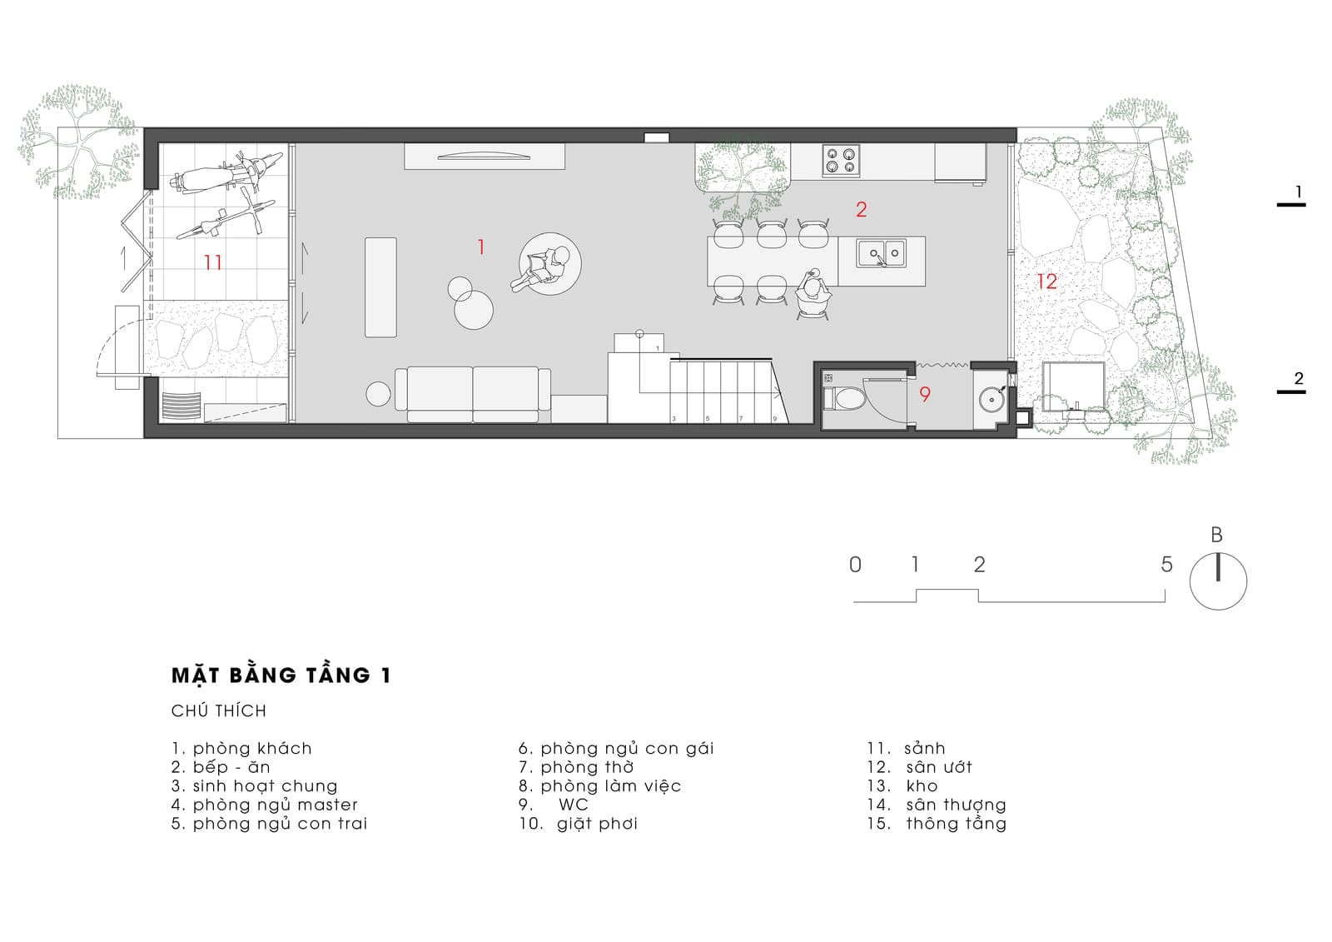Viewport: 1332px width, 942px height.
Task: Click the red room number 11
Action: (x=213, y=262)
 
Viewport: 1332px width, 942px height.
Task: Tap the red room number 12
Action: (x=1046, y=282)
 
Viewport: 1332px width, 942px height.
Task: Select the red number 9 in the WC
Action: (x=925, y=394)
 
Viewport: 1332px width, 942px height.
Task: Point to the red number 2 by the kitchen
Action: (x=861, y=209)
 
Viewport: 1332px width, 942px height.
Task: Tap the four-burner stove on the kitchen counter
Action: (x=841, y=161)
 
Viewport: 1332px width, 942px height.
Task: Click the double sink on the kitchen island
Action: (x=882, y=253)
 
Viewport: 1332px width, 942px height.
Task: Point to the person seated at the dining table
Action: (x=813, y=291)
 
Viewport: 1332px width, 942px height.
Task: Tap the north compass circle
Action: (x=1218, y=581)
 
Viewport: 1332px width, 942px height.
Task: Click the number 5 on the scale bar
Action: (x=1166, y=564)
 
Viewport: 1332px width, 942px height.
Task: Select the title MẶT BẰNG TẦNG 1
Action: (x=281, y=675)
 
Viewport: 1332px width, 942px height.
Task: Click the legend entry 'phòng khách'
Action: (x=252, y=749)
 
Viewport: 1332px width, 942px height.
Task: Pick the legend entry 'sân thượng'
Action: (x=957, y=805)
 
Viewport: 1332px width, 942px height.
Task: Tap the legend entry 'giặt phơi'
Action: (x=597, y=825)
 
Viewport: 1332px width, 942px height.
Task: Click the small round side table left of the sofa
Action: (x=378, y=394)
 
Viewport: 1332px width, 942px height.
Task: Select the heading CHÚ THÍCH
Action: (x=219, y=711)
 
